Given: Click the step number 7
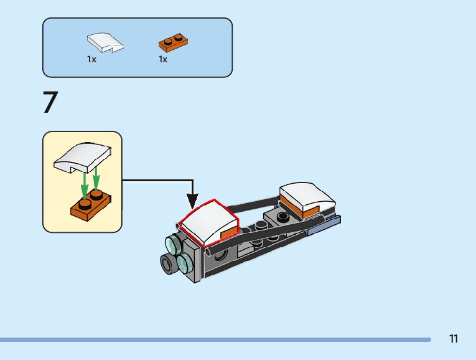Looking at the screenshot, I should (x=50, y=103).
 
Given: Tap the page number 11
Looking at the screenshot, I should (x=453, y=339).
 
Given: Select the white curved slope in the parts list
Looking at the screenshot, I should (x=105, y=42).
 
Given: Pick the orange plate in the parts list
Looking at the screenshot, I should (x=174, y=43).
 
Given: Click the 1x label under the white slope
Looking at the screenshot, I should (x=91, y=60).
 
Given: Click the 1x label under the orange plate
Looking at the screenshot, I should (x=163, y=60).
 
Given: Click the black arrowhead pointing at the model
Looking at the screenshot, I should (x=192, y=201).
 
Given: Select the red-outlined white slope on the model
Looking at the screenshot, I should (x=208, y=223).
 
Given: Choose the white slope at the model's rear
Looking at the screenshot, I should (x=308, y=196).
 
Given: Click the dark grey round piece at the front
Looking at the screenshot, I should (x=169, y=264).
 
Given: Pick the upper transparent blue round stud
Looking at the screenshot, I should (x=172, y=244).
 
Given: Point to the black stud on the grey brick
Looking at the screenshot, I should (x=284, y=217).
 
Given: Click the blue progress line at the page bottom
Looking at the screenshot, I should (x=215, y=339).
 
